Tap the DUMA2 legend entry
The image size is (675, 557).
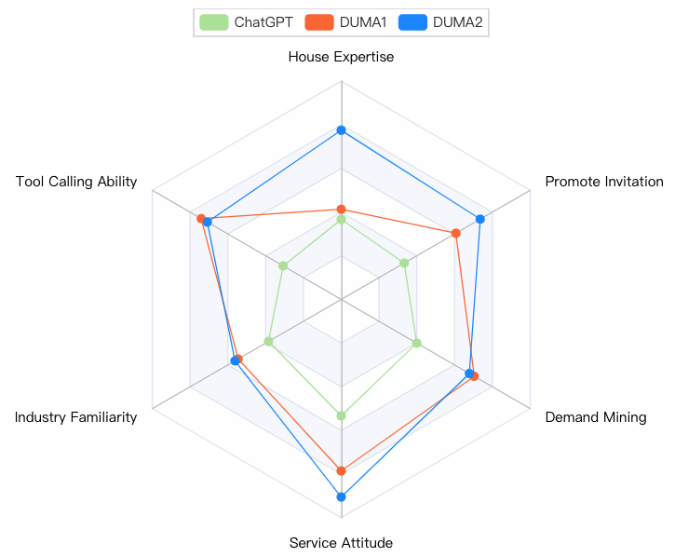tap(443, 21)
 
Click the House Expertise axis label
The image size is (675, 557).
tap(341, 57)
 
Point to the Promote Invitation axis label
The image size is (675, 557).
tap(603, 182)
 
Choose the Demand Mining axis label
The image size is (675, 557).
tap(595, 417)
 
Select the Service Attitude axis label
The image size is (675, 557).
tap(341, 543)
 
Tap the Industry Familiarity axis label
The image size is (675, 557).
tap(75, 417)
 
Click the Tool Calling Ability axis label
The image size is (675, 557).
tap(76, 182)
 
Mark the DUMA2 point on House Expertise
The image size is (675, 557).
tap(341, 129)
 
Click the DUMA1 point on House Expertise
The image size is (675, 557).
tap(341, 209)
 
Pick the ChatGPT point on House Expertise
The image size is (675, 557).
tap(341, 220)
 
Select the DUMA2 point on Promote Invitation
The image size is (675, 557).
tap(480, 220)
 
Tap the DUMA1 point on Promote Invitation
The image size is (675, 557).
tap(456, 233)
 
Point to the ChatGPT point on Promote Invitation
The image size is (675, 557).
tap(404, 264)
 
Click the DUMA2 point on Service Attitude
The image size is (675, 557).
tap(341, 497)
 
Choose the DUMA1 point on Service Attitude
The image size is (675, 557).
tap(341, 470)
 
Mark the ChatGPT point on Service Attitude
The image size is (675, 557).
tap(341, 415)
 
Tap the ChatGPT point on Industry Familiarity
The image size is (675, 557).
tap(269, 342)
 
